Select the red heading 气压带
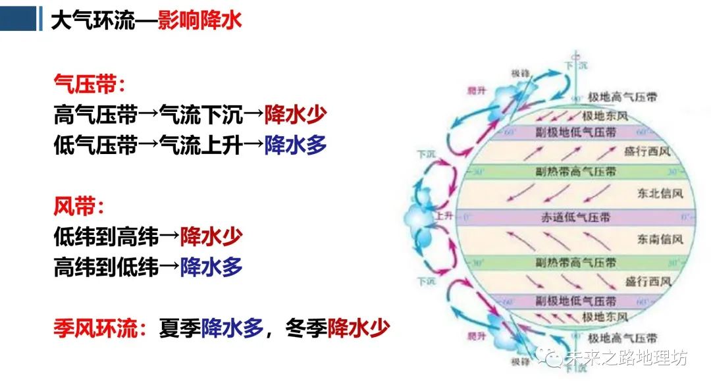[x=85, y=84]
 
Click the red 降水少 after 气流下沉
[x=296, y=115]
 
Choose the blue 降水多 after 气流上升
[x=296, y=145]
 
